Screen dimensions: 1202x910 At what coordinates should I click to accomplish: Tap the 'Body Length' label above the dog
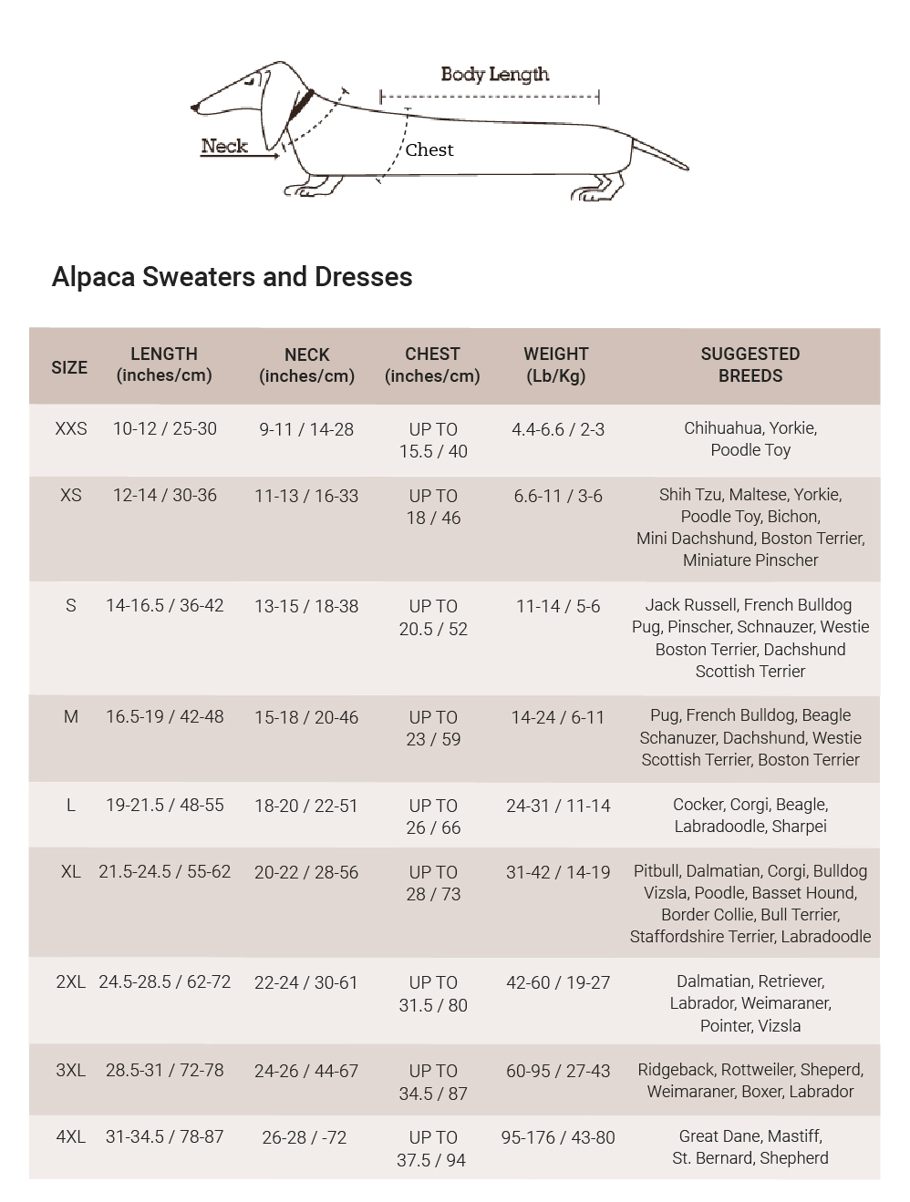coord(494,75)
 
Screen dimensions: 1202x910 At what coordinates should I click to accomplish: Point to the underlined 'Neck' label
coord(224,147)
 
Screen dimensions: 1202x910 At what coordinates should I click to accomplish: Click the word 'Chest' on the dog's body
coord(429,150)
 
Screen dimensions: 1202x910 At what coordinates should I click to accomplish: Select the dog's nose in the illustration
coord(195,108)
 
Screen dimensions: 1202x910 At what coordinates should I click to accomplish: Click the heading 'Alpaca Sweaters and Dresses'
coord(232,277)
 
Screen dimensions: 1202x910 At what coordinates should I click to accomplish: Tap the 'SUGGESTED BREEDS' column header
coord(750,365)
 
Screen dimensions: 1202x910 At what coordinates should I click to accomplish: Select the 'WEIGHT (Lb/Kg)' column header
coord(556,365)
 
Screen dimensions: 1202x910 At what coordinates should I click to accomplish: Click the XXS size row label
coord(71,429)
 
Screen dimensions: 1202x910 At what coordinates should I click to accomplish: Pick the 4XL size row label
coord(71,1137)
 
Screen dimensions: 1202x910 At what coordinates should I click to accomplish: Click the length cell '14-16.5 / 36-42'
coord(164,606)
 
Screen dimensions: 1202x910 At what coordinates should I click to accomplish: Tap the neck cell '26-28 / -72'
coord(305,1138)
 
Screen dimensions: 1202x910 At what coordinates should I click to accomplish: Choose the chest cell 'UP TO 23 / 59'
coord(433,728)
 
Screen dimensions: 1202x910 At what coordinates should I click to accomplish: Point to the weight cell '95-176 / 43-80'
coord(558,1138)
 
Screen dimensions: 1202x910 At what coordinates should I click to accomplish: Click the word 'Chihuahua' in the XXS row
coord(722,428)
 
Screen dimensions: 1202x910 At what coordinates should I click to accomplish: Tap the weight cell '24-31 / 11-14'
coord(558,806)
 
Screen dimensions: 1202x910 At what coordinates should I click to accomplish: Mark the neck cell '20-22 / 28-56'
coord(306,872)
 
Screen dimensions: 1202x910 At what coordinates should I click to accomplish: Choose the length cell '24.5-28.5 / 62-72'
coord(164,982)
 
